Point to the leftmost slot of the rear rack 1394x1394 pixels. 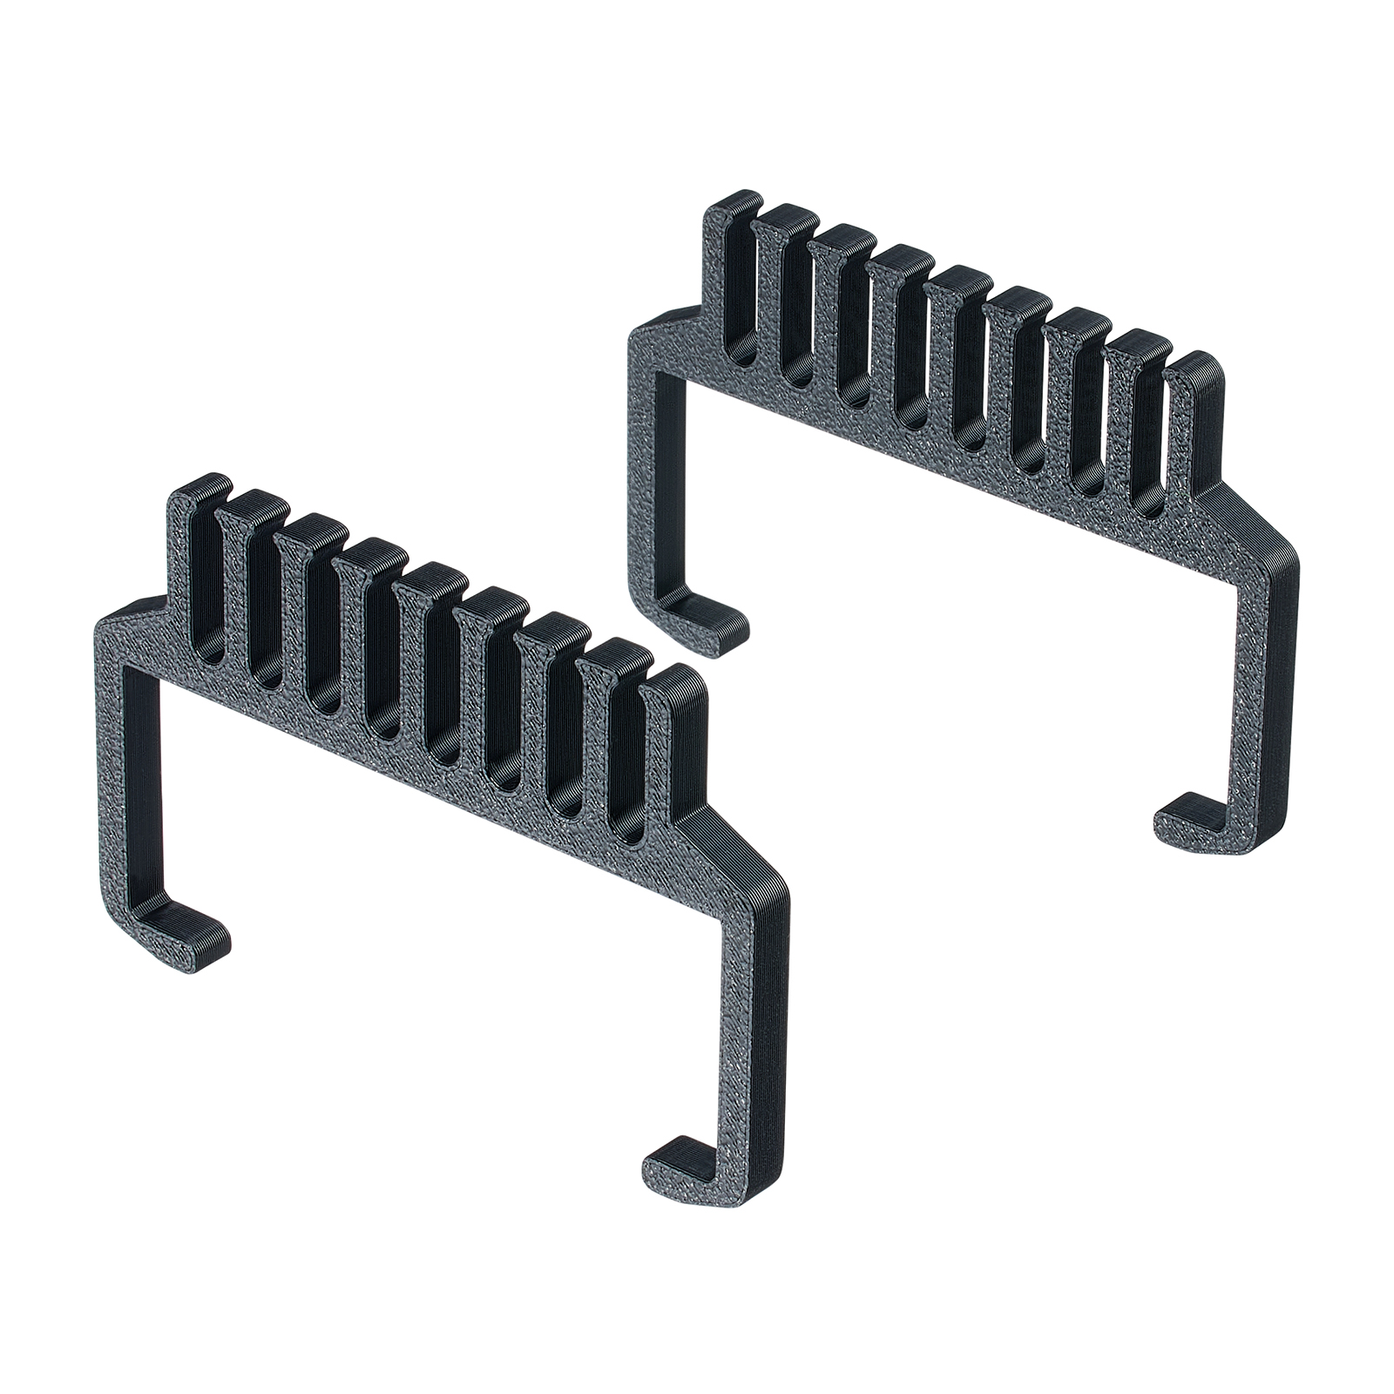tap(745, 296)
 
